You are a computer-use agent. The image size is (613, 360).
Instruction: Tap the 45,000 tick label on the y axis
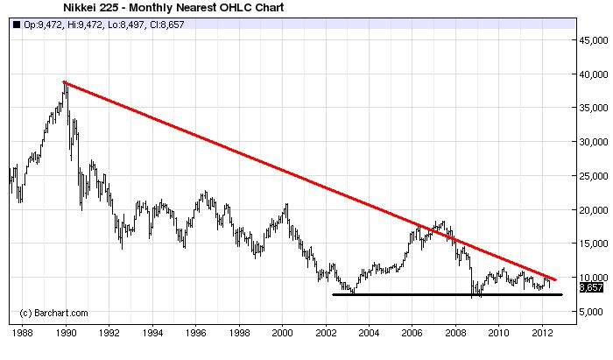(x=592, y=40)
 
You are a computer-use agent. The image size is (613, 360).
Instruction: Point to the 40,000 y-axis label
(x=592, y=74)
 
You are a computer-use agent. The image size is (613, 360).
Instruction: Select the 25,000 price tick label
(x=592, y=176)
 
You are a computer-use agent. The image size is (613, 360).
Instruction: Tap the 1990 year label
(x=66, y=334)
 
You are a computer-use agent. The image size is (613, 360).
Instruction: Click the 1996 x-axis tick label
(x=195, y=334)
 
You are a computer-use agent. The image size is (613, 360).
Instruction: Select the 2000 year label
(x=282, y=334)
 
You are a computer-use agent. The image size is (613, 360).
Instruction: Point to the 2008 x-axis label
(x=455, y=334)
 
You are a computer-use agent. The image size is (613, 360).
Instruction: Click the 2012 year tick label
(x=542, y=334)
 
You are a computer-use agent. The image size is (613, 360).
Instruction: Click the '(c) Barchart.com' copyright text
(x=54, y=313)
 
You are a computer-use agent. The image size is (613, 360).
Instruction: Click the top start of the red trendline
(x=64, y=81)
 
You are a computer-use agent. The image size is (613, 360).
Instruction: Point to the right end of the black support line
(x=561, y=294)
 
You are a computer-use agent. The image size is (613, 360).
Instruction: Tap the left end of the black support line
(x=333, y=294)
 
